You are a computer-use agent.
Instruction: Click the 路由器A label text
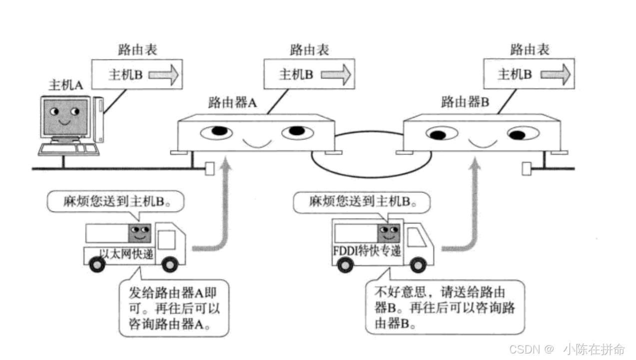point(232,103)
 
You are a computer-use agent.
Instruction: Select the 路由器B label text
point(465,103)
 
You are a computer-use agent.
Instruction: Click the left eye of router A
point(217,132)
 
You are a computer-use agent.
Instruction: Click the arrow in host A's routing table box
point(163,74)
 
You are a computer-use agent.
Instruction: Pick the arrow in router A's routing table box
point(336,74)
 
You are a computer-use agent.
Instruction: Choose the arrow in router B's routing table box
point(555,74)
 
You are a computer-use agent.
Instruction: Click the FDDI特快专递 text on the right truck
point(367,250)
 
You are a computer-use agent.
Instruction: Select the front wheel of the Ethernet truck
point(170,264)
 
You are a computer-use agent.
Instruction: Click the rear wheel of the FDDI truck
point(345,264)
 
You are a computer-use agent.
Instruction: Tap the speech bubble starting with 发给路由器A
point(174,308)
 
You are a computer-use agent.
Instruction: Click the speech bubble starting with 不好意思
point(445,306)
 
